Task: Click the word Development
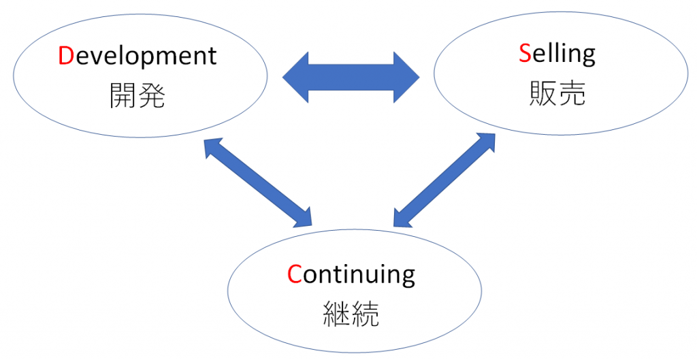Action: point(137,56)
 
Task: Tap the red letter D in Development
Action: point(66,56)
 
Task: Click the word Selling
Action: point(557,54)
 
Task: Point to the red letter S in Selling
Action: point(524,54)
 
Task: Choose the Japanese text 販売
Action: point(557,95)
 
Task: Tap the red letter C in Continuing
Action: point(294,274)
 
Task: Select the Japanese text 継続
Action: point(351,315)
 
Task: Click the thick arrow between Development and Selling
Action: point(351,78)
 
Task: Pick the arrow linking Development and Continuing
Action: point(258,182)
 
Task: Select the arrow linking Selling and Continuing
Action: point(444,179)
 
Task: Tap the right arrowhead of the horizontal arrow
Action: point(406,78)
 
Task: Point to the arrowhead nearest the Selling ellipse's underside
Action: point(486,141)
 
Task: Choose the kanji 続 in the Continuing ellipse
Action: point(366,315)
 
